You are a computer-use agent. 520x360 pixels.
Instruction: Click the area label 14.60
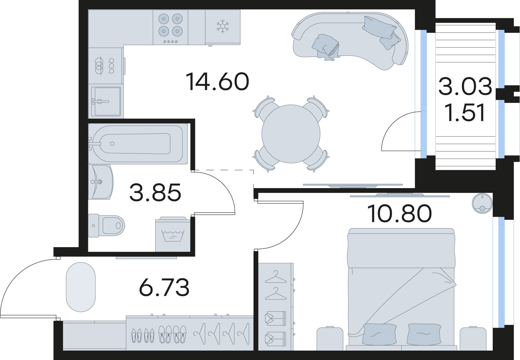pos(217,82)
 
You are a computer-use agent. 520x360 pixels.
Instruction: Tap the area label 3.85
pos(155,193)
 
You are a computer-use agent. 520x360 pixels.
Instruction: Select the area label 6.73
pos(164,288)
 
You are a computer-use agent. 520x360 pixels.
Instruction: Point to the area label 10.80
pos(400,214)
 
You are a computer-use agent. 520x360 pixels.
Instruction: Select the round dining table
pos(291,134)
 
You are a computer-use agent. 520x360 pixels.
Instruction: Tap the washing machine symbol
pos(172,235)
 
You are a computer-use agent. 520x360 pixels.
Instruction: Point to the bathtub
pos(136,143)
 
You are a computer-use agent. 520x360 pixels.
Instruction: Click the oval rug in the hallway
pos(80,287)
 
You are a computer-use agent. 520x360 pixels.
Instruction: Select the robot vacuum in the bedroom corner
pos(482,202)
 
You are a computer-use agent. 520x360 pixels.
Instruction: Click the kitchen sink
pos(106,101)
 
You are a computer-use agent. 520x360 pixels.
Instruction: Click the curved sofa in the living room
pos(351,41)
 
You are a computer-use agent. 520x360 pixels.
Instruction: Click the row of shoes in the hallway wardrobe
pos(158,335)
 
